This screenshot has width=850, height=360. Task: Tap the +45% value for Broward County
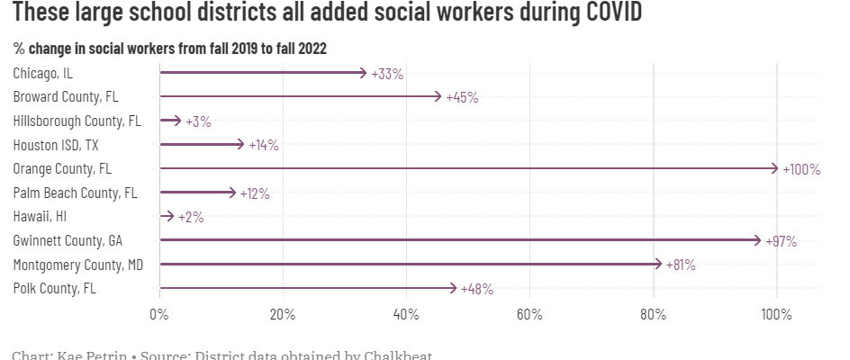tap(462, 97)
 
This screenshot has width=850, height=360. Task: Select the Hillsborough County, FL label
tap(77, 121)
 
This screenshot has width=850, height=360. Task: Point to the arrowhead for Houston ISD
tap(241, 144)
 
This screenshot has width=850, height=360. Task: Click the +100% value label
tap(801, 169)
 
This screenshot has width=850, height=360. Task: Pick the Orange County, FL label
tap(62, 168)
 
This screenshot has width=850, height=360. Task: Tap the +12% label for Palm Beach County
tap(253, 193)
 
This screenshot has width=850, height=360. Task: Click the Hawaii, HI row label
tap(40, 216)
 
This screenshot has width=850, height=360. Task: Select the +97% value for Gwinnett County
tap(780, 241)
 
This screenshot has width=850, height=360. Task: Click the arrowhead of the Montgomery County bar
tap(659, 265)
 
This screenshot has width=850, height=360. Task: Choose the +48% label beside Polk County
tap(476, 289)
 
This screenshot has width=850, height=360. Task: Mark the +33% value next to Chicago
tap(387, 74)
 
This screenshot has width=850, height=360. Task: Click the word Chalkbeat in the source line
tap(391, 355)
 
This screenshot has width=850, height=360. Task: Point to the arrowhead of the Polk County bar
tap(454, 288)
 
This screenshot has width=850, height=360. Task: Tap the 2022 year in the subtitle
tap(308, 48)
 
